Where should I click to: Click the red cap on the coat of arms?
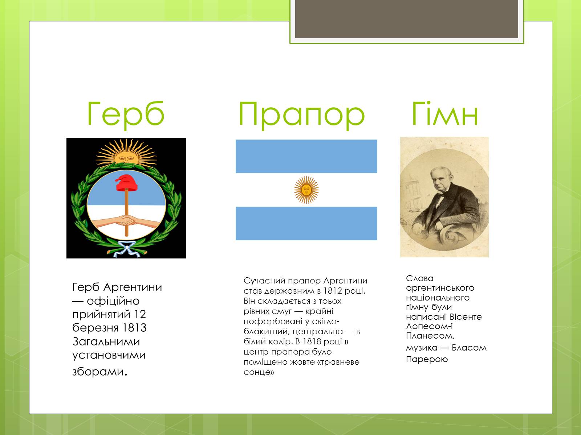coord(126,182)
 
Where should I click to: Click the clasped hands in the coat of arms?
coord(126,220)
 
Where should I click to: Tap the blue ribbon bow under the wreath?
coord(127,249)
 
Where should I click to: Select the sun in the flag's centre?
coord(306,190)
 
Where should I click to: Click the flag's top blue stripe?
coord(306,156)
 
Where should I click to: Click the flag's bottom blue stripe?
coord(306,223)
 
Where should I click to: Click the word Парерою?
coord(427,360)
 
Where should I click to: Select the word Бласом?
coord(469,348)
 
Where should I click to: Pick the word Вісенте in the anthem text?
coord(466,317)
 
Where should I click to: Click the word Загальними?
coord(106,342)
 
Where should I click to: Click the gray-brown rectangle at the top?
coord(407,19)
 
